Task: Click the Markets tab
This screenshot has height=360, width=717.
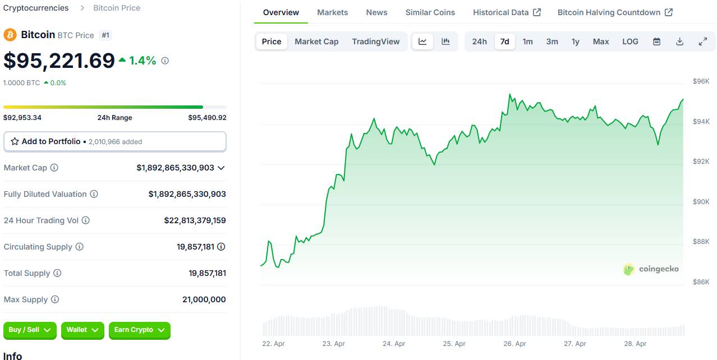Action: click(332, 12)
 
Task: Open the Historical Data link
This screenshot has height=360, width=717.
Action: click(507, 12)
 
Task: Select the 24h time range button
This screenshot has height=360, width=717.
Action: click(479, 41)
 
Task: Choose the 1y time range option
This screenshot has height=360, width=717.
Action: click(575, 41)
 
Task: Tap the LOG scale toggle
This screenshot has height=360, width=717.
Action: click(630, 41)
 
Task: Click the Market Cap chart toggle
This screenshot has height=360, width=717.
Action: click(316, 41)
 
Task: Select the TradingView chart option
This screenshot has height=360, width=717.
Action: click(375, 41)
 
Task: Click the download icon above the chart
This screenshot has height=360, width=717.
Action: click(679, 41)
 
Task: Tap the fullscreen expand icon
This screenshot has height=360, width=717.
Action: click(702, 41)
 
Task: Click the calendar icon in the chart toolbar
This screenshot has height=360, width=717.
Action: click(656, 41)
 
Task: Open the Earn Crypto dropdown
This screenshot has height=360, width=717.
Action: click(139, 330)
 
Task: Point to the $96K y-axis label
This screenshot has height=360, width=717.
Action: click(701, 81)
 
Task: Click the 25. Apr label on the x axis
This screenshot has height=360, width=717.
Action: click(454, 344)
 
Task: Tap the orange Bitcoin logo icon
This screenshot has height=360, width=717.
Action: click(10, 35)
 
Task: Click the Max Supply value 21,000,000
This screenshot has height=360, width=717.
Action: click(204, 299)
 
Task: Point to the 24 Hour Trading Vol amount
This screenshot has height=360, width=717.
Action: click(195, 220)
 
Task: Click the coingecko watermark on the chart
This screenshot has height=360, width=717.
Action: click(651, 269)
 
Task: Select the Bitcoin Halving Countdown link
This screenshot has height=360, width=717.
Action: click(614, 12)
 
